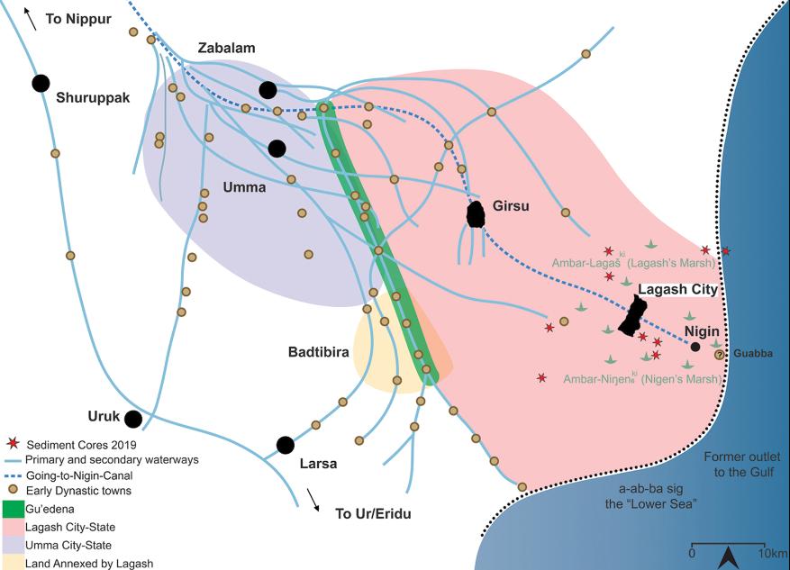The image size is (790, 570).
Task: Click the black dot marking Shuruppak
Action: tap(41, 83)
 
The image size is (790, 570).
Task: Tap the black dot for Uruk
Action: tap(133, 419)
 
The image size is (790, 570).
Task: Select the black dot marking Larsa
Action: tap(286, 445)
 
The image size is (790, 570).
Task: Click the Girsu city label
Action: tap(512, 206)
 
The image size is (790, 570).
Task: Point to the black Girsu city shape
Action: tap(475, 215)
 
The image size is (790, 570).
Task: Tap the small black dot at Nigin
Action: tap(695, 347)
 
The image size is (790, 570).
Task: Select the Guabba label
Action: tap(752, 354)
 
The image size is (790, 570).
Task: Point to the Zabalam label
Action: tap(227, 49)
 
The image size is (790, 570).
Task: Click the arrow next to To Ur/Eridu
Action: tap(313, 500)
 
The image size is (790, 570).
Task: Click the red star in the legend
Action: tap(13, 444)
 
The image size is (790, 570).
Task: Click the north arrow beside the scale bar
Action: tap(730, 556)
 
